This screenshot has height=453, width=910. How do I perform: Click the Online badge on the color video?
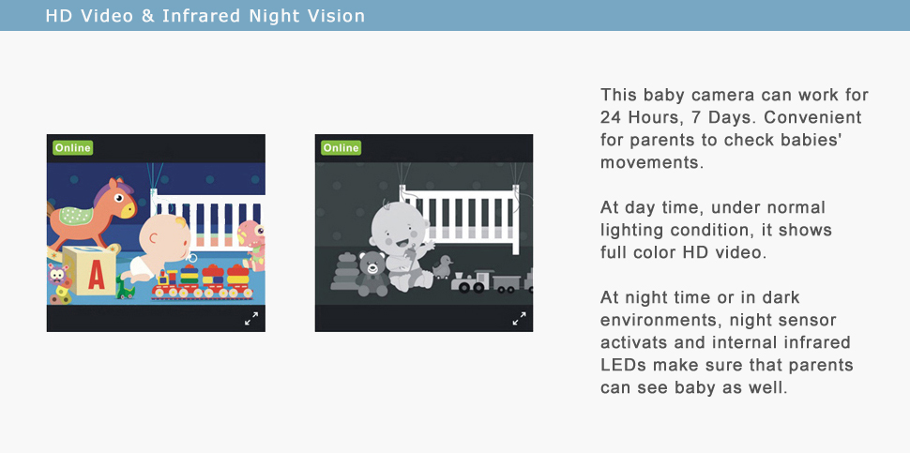(x=72, y=148)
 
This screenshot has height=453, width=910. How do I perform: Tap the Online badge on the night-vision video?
(x=341, y=148)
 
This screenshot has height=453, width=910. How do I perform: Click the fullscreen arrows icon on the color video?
(x=250, y=319)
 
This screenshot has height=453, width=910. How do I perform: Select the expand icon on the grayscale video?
(x=519, y=319)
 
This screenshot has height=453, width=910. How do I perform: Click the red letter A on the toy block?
(x=96, y=277)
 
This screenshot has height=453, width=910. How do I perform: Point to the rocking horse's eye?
(x=119, y=198)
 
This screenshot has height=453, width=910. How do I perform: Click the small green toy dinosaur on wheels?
(x=125, y=288)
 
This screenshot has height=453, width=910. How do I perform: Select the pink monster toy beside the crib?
(x=251, y=244)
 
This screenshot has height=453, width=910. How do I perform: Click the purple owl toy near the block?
(x=57, y=274)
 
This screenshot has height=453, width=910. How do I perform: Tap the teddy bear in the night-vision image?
(x=372, y=274)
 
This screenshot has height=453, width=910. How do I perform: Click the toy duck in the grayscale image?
(x=444, y=267)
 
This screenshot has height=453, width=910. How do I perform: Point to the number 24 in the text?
(x=611, y=117)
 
